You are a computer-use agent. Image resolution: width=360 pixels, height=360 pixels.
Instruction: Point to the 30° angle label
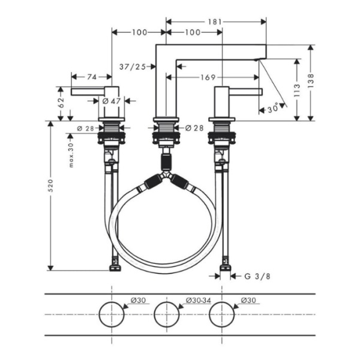(273, 109)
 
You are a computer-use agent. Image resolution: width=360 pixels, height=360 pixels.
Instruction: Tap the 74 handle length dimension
(91, 76)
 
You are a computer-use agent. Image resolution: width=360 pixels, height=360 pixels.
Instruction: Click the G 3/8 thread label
(254, 276)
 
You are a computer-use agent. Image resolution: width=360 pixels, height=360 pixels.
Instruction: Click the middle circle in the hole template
(166, 314)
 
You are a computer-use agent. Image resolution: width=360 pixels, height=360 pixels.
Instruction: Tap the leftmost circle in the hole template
(112, 314)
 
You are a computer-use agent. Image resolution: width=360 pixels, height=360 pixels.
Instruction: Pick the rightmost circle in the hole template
(222, 314)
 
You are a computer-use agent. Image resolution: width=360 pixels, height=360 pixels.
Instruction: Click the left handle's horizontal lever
(86, 91)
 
